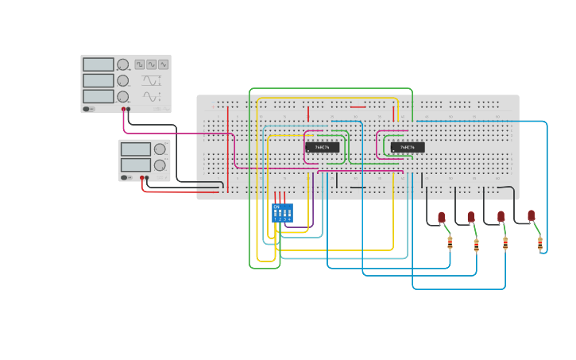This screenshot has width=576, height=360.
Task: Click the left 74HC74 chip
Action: click(323, 147)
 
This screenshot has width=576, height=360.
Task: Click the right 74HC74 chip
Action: click(408, 147)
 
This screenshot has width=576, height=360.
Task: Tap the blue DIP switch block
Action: click(282, 212)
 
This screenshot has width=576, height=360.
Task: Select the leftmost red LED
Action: click(442, 217)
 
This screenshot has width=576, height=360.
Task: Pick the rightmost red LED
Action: click(532, 215)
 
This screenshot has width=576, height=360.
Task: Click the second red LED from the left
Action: click(471, 217)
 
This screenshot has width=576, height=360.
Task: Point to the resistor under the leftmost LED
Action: click(450, 242)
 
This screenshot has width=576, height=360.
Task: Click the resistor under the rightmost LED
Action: click(540, 243)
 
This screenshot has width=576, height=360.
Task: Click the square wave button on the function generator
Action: click(140, 64)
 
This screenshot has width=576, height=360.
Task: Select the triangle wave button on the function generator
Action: click(163, 64)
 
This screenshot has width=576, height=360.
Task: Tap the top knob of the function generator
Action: click(123, 64)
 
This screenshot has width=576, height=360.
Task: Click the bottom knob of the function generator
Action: click(123, 96)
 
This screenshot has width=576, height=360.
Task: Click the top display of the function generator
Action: click(98, 64)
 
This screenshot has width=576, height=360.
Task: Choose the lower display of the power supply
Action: click(136, 165)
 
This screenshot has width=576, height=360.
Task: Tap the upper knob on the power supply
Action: click(160, 149)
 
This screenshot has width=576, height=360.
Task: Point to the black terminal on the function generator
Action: click(129, 109)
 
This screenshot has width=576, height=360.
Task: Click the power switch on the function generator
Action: click(87, 109)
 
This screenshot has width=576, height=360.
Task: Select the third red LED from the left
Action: click(501, 216)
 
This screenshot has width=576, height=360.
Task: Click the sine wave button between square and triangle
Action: click(151, 64)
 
